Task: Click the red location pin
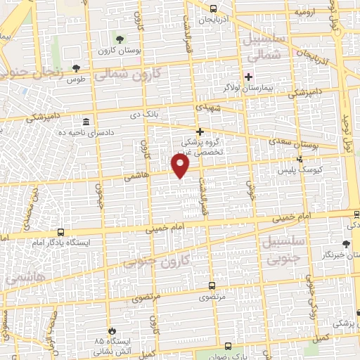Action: click(181, 166)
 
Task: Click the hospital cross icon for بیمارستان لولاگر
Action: click(247, 76)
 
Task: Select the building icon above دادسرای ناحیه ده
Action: click(86, 121)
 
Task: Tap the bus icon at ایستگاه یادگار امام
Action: click(60, 232)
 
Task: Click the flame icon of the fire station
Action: click(110, 330)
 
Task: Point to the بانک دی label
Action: click(154, 113)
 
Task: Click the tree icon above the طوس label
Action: click(76, 68)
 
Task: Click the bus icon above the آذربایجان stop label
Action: click(213, 8)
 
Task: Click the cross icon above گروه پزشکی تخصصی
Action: click(200, 131)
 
